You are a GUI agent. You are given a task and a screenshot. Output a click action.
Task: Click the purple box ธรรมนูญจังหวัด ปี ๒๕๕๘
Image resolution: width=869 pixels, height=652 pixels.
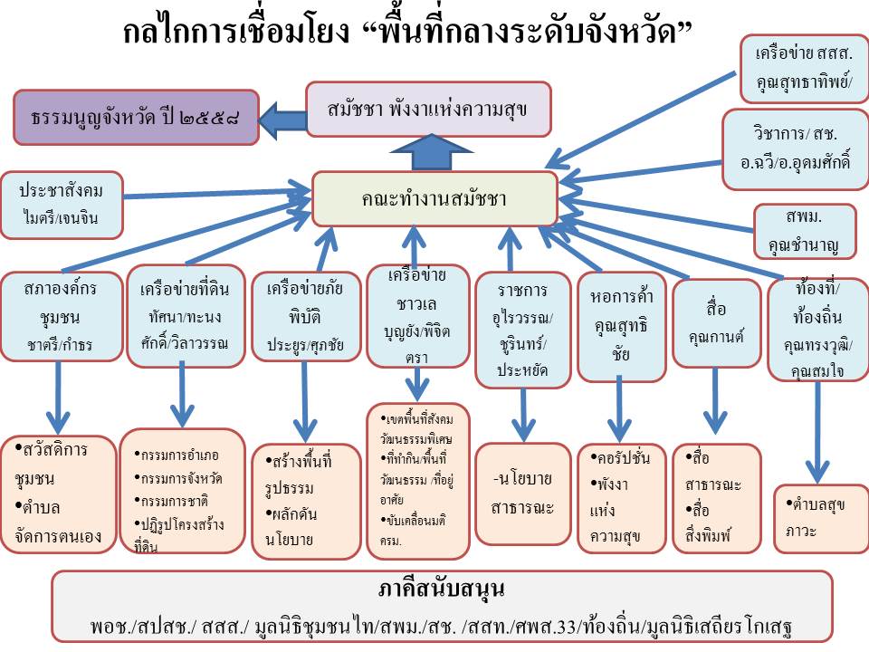click(x=136, y=117)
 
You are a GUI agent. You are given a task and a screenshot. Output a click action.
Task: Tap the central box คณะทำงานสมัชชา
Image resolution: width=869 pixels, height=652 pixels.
click(x=434, y=198)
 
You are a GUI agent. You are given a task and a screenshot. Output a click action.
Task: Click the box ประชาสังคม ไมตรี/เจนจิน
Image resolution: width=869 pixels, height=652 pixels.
click(x=62, y=205)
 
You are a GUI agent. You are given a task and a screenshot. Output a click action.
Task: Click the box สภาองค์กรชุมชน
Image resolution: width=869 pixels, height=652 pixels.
click(x=61, y=316)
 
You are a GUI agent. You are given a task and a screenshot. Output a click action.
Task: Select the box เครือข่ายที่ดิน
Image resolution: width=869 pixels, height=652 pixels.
click(x=185, y=316)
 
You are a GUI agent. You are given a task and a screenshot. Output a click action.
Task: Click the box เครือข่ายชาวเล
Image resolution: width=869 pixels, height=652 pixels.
click(x=416, y=316)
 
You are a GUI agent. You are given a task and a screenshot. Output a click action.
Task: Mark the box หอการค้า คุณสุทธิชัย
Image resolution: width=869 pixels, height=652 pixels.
click(x=621, y=325)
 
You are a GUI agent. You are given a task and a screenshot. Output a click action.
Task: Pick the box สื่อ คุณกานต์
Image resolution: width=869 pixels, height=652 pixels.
click(x=716, y=322)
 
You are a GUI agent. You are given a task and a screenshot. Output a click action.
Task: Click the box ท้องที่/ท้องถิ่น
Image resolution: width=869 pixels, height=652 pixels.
click(x=817, y=328)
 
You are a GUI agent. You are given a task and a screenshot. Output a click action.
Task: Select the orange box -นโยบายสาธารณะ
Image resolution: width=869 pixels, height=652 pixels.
click(x=522, y=493)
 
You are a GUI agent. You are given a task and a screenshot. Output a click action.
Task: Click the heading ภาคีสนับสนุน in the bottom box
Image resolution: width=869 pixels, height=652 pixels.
click(x=442, y=590)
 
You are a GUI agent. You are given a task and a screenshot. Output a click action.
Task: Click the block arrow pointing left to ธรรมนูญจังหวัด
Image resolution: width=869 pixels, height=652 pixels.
click(x=283, y=117)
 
